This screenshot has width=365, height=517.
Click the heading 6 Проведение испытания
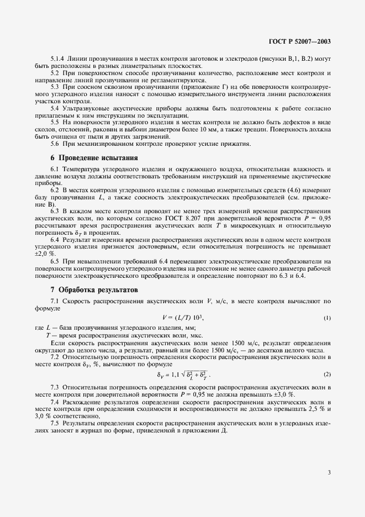click(x=91, y=157)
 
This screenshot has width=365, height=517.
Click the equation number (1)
click(x=327, y=318)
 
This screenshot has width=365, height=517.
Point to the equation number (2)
click(x=327, y=374)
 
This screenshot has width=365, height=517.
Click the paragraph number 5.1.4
click(x=58, y=59)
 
